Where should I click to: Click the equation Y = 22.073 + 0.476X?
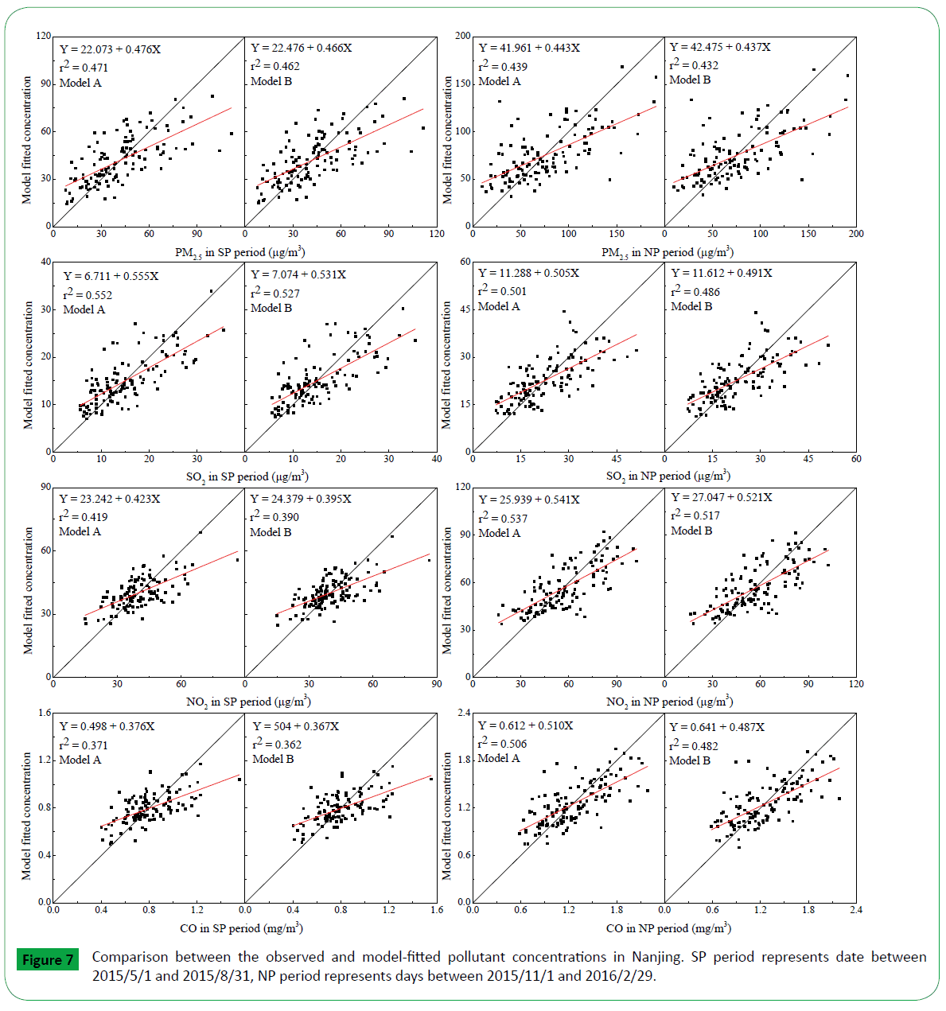[x=110, y=49]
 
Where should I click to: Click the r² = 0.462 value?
[x=274, y=66]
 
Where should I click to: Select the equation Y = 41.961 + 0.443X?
[x=529, y=48]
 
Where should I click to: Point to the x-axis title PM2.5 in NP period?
[x=667, y=252]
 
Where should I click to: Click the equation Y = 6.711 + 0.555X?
[x=111, y=276]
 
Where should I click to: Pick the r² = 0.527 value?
[x=274, y=293]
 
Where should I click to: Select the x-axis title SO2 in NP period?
[x=668, y=476]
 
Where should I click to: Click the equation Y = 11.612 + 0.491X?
[x=721, y=273]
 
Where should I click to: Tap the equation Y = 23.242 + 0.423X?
[x=109, y=499]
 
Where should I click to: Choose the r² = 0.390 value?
[x=274, y=517]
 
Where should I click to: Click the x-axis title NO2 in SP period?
[x=247, y=702]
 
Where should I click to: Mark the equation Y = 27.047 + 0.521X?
[x=721, y=497]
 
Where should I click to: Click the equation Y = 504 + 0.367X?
[x=295, y=726]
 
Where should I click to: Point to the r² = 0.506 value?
[x=502, y=744]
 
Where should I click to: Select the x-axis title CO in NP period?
[x=668, y=928]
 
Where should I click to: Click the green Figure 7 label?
[x=48, y=960]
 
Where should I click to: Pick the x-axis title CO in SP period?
[x=241, y=928]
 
